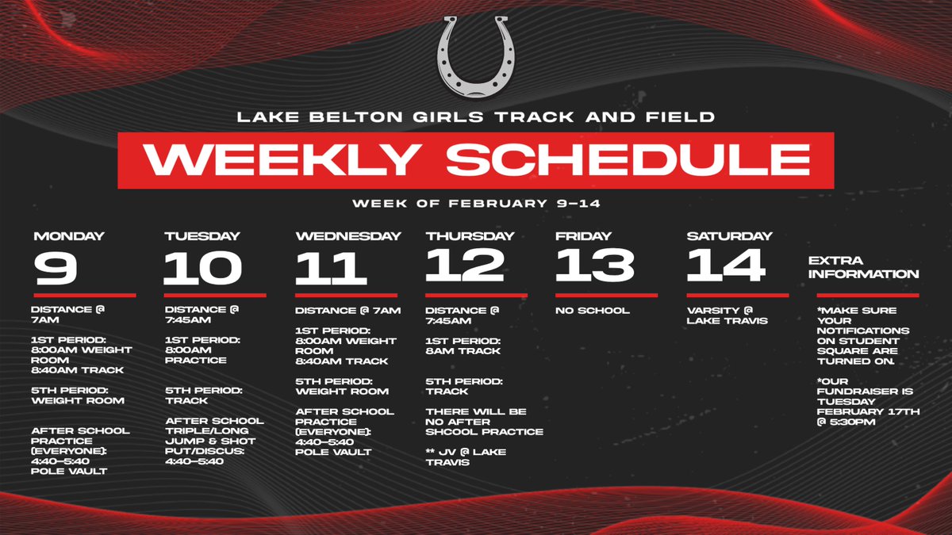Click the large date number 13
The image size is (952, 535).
[x=595, y=266]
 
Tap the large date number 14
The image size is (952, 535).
[x=727, y=266]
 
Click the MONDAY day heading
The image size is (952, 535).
[x=69, y=236]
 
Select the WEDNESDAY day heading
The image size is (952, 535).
[x=348, y=236]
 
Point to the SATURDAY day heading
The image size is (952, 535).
[x=729, y=236]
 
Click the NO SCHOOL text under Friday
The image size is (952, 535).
[x=593, y=311]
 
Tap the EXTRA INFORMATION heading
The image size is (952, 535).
[x=863, y=267]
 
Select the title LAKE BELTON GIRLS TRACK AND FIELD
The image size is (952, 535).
[x=476, y=118]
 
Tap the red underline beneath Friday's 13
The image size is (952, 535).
[x=606, y=295]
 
